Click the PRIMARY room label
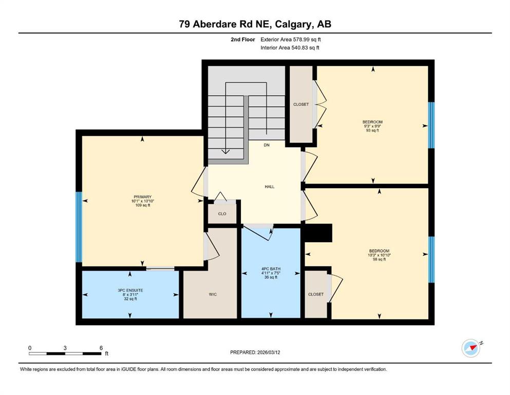(x=142, y=196)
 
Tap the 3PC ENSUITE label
(x=130, y=290)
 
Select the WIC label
(x=213, y=294)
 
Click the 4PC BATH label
(x=271, y=269)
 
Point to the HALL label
(x=270, y=187)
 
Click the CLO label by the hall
(x=222, y=213)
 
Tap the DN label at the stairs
(x=267, y=145)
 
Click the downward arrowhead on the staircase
(x=225, y=151)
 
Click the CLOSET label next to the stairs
(x=301, y=104)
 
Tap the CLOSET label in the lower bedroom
(x=316, y=294)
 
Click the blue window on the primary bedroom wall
(x=79, y=227)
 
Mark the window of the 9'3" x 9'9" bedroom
(x=431, y=125)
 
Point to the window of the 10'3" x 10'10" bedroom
(x=431, y=260)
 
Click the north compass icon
(x=471, y=348)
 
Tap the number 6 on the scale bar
(x=101, y=348)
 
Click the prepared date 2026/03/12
(x=269, y=352)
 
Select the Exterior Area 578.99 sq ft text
(x=291, y=40)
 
